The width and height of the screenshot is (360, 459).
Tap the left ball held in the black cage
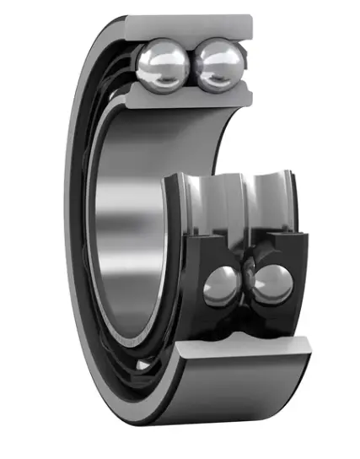pos(222,284)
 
